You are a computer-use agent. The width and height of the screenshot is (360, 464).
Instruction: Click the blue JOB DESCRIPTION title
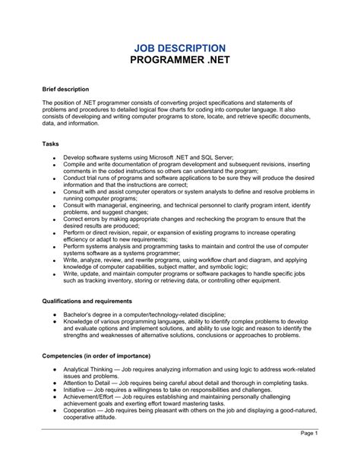(x=179, y=49)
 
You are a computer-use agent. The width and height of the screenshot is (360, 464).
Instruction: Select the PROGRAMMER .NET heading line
(x=179, y=62)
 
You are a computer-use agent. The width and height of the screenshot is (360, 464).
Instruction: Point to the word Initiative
(x=79, y=391)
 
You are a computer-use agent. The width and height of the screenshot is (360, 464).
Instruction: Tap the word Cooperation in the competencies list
(x=85, y=412)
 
